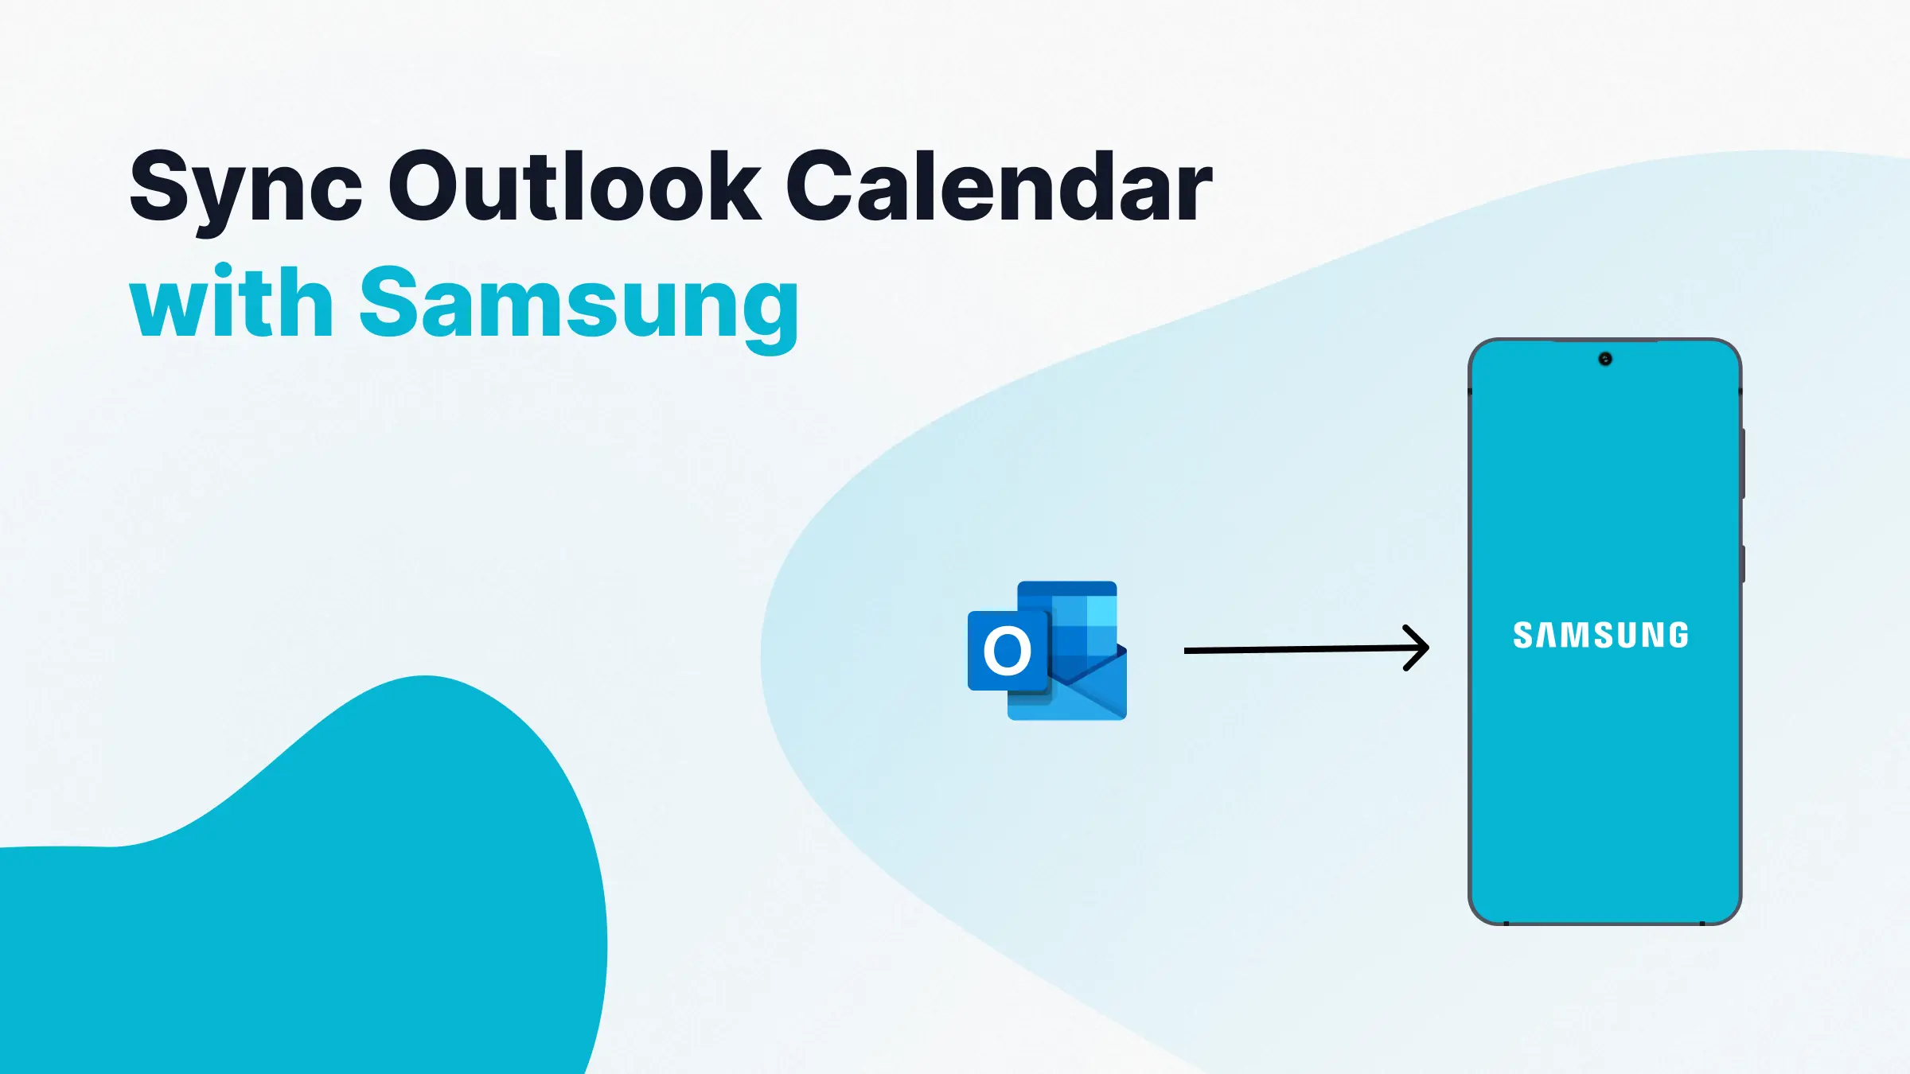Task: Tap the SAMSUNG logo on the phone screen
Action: point(1600,635)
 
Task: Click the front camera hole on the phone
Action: point(1605,360)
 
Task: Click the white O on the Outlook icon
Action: point(1007,651)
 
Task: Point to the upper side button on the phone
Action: point(1743,463)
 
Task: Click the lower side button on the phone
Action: point(1743,563)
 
